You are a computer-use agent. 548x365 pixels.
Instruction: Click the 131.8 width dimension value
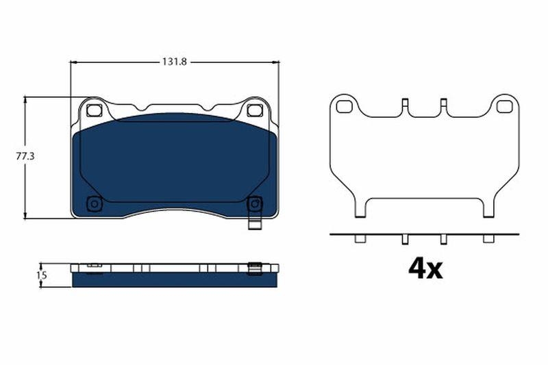point(175,62)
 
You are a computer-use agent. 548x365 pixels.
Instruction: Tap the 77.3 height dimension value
point(25,157)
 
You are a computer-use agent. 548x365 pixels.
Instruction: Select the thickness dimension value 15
point(41,275)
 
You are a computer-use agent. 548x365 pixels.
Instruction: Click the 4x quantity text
point(425,268)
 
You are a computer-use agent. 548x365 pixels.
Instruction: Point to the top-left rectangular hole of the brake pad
point(94,110)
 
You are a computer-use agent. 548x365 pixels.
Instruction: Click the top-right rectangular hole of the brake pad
point(254,110)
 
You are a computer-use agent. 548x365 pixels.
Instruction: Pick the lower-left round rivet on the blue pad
point(94,203)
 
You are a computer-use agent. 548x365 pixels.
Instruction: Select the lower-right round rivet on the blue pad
point(254,203)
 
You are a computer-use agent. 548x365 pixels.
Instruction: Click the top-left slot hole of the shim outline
point(344,106)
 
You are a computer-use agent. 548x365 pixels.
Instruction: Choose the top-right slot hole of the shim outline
point(504,106)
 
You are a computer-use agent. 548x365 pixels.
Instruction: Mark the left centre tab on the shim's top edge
point(405,105)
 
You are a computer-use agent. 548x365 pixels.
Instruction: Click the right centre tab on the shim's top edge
point(443,105)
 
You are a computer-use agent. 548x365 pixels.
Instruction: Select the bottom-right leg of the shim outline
point(488,208)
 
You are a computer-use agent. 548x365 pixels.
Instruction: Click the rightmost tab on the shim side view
point(488,238)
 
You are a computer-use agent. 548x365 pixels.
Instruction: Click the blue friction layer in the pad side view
point(174,280)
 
